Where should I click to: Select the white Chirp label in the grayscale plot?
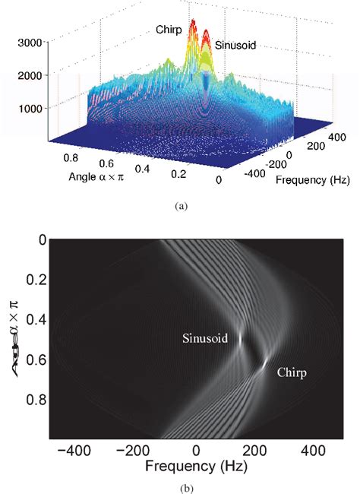[x=293, y=373]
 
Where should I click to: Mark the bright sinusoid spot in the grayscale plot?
[x=241, y=340]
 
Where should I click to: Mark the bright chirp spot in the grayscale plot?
[x=264, y=366]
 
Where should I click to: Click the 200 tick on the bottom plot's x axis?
[x=257, y=451]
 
